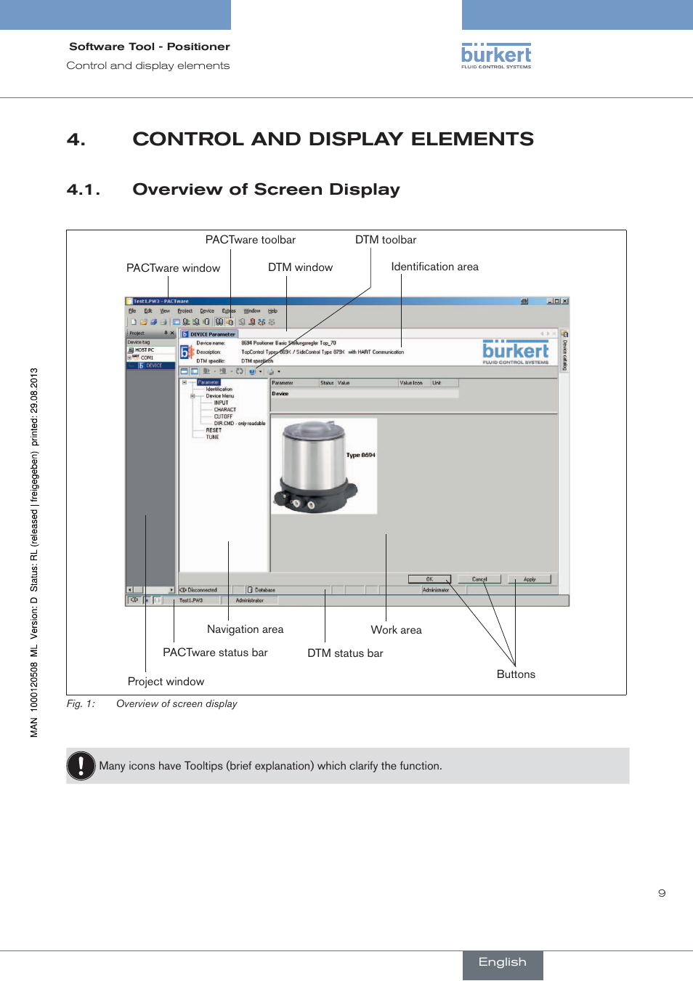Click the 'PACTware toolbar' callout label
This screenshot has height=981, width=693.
[250, 240]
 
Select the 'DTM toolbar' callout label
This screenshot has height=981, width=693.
[385, 240]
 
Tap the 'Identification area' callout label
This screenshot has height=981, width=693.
[434, 267]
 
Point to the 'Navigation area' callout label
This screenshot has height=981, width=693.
[245, 629]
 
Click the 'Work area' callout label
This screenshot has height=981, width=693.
[396, 630]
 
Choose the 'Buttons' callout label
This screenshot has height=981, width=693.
[516, 674]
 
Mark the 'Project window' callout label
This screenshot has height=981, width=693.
[166, 682]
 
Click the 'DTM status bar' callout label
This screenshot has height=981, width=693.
[345, 653]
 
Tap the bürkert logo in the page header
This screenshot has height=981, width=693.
[496, 56]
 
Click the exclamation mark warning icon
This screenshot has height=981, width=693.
[81, 766]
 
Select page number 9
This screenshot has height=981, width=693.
[662, 893]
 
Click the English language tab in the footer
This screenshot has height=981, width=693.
[502, 962]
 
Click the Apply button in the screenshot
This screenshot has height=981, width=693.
[530, 579]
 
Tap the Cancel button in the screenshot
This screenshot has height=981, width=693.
[479, 579]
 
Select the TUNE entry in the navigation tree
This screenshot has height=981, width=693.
[212, 437]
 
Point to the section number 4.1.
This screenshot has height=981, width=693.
[83, 190]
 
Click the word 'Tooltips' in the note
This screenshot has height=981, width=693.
[203, 766]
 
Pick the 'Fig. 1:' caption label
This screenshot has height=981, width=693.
[81, 703]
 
